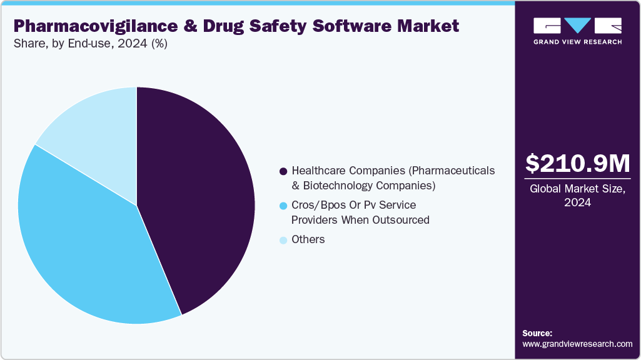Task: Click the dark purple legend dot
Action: (x=283, y=171)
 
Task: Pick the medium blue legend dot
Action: (x=283, y=206)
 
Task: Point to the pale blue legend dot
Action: (x=283, y=240)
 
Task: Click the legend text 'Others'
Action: (x=308, y=239)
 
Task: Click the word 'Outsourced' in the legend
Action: (x=400, y=219)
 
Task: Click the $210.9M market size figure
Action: (x=577, y=164)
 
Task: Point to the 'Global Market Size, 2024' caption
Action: (x=577, y=196)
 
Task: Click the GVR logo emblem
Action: (x=577, y=26)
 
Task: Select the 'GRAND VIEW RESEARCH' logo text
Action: (x=577, y=42)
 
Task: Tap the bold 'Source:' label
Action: (x=537, y=333)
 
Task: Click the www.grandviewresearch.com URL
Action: (x=577, y=344)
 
